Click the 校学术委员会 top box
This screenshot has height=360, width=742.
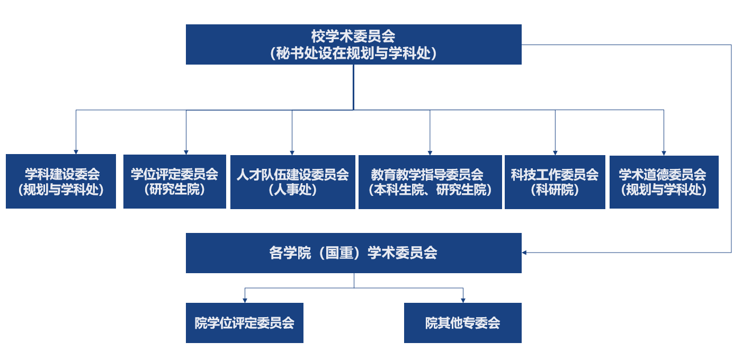[x=353, y=44]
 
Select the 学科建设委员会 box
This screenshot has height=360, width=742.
[x=61, y=181]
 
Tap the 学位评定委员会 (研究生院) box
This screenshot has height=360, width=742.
[x=174, y=181]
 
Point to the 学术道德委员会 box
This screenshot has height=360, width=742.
[x=664, y=182]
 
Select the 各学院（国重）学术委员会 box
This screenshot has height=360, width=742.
[x=353, y=253]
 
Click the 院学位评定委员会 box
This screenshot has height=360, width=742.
[x=244, y=323]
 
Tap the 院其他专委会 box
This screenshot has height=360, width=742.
[x=462, y=323]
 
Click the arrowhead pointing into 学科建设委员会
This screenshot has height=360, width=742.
[x=76, y=151]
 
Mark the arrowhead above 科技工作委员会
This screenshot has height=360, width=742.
[x=555, y=152]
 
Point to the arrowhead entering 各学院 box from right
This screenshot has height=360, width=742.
[x=524, y=253]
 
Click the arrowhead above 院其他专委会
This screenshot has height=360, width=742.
[x=463, y=300]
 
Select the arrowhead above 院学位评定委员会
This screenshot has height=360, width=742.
[x=245, y=300]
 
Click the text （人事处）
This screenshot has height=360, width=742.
[x=292, y=190]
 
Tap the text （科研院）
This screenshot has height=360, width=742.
[x=555, y=190]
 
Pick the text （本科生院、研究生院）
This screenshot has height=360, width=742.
[x=430, y=190]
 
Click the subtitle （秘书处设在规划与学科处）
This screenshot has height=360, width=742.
[x=353, y=53]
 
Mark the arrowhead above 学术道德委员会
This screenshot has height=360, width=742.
[x=664, y=152]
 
